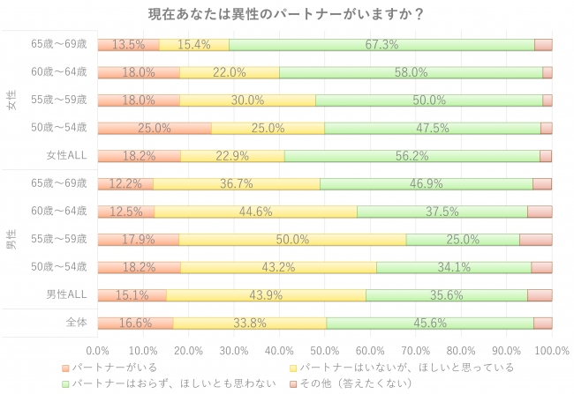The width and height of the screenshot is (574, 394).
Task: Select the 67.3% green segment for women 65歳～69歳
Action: [381, 45]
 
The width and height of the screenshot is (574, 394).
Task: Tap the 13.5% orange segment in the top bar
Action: [129, 45]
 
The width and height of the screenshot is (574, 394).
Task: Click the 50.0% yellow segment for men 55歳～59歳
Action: [292, 239]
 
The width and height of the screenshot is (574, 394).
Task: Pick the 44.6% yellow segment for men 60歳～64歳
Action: [256, 212]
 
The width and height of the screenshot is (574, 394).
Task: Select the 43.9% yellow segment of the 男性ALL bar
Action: [266, 294]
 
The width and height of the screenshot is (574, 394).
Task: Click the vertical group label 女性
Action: [11, 100]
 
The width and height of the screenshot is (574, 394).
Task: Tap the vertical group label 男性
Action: [11, 239]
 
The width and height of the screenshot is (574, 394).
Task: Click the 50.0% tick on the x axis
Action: [325, 350]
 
